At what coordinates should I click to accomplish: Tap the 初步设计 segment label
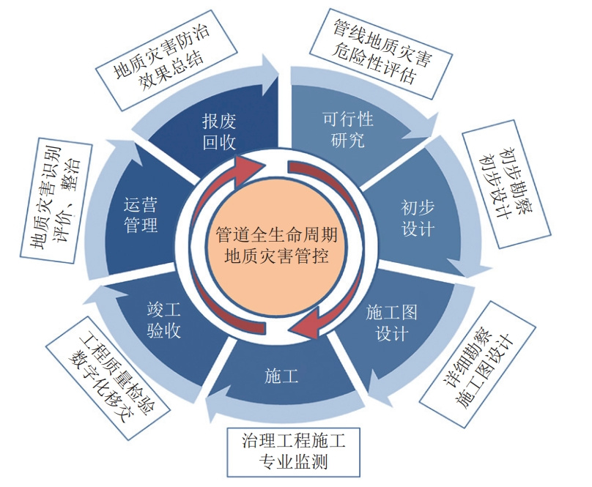(418, 218)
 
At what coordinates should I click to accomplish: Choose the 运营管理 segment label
(141, 216)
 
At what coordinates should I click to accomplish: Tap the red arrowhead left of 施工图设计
(316, 322)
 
